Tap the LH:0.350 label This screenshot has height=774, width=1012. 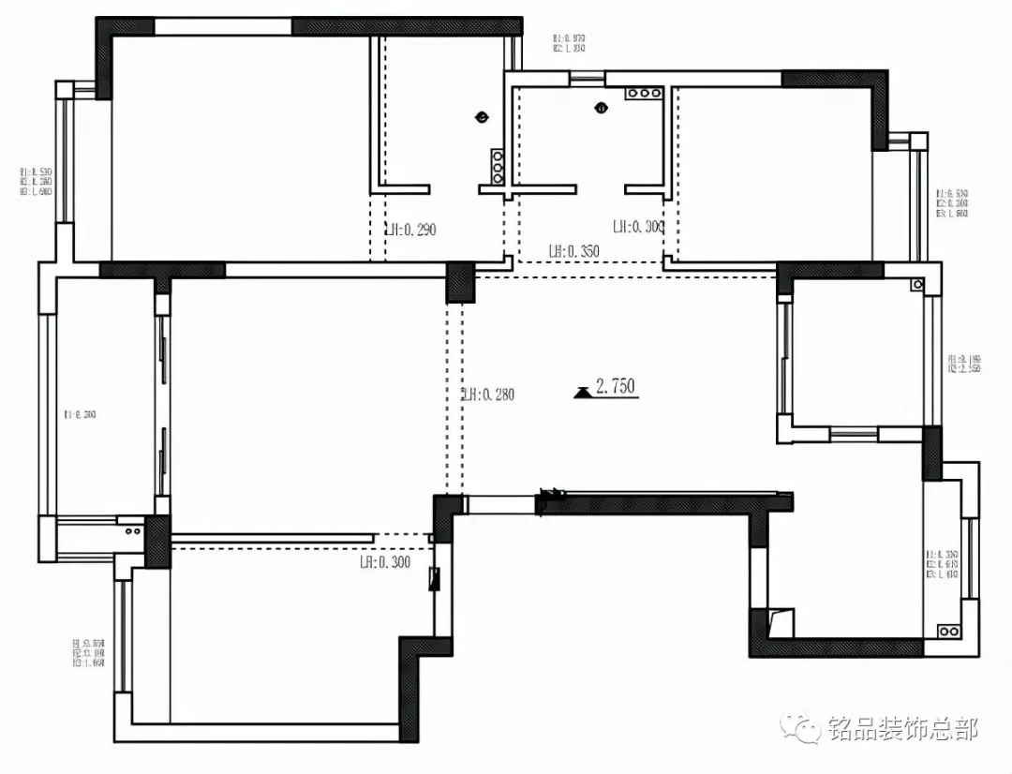[573, 251]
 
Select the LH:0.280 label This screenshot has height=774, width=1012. [488, 394]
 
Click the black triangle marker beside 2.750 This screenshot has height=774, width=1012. [583, 392]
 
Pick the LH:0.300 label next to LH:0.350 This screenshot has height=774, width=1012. [638, 226]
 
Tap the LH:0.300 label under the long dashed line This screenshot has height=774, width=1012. [385, 562]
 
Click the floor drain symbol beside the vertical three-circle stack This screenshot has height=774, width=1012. [482, 117]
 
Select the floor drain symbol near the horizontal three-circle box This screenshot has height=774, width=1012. [601, 107]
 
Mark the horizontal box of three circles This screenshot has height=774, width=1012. [644, 94]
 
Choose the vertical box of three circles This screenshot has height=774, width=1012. [498, 166]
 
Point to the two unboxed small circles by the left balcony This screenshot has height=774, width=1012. [132, 530]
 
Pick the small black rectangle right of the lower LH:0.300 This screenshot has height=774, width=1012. [433, 578]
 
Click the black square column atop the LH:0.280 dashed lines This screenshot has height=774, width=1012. [460, 282]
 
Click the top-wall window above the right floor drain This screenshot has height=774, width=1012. [588, 79]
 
